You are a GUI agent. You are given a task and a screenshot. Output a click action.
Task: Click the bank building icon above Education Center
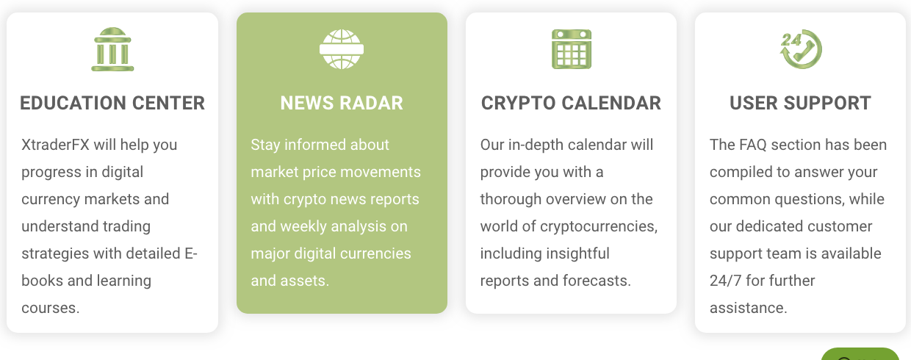(112, 49)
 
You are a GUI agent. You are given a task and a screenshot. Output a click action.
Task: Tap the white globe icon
(342, 49)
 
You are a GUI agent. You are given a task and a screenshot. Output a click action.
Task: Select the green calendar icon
(572, 49)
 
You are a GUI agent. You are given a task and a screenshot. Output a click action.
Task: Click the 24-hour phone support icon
(801, 49)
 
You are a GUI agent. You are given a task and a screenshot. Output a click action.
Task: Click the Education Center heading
(112, 103)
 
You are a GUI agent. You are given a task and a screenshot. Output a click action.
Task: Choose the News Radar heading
(342, 103)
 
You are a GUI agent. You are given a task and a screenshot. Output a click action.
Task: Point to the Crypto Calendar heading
(571, 103)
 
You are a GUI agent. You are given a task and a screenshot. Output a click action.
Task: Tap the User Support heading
(800, 103)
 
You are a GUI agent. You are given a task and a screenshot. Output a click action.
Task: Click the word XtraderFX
(55, 145)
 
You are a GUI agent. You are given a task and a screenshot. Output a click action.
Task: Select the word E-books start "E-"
(191, 253)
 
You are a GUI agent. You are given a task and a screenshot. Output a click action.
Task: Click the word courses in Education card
(51, 308)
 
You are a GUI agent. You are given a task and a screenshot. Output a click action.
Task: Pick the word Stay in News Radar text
(265, 145)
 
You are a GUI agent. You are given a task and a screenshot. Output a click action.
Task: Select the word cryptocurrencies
(599, 226)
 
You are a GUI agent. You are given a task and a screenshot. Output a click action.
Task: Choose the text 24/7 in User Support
(726, 281)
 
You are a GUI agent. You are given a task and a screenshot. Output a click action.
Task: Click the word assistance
(749, 308)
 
